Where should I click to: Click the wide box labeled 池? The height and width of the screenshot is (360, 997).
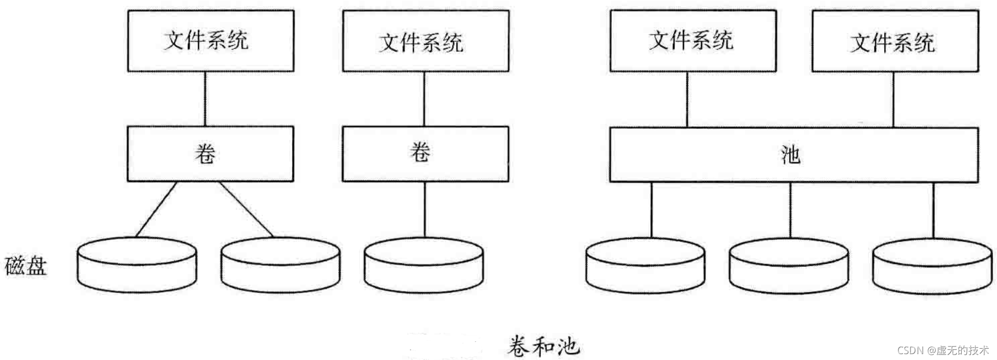[x=794, y=155]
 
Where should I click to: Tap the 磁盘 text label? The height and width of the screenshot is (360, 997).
[x=26, y=266]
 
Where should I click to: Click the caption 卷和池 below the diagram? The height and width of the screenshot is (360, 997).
[x=543, y=346]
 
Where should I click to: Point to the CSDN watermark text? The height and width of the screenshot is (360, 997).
[x=943, y=350]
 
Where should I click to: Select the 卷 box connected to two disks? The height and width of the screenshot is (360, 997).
[x=210, y=154]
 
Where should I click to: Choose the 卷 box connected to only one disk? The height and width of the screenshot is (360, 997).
[x=425, y=154]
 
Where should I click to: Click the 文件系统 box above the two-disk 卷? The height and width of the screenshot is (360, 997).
[x=211, y=41]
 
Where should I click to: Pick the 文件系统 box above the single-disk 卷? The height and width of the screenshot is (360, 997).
[x=426, y=41]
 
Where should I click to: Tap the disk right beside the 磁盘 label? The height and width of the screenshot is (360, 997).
[x=137, y=265]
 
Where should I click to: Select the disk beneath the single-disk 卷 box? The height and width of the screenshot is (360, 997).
[x=424, y=265]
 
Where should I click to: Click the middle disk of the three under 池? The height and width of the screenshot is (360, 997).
[x=789, y=266]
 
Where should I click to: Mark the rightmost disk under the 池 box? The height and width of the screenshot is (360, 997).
[x=932, y=266]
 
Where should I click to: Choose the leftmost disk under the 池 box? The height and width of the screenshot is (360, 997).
[x=645, y=266]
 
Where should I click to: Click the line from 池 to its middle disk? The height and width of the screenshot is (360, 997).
[x=790, y=210]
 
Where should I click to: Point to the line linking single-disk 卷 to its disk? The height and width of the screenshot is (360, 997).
[x=425, y=209]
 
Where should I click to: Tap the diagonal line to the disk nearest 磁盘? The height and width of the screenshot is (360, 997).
[x=156, y=209]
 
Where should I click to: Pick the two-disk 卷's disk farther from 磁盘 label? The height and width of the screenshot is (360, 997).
[x=281, y=265]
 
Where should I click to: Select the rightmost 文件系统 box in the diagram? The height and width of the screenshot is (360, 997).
[x=895, y=41]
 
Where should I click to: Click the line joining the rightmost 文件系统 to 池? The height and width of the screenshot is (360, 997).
[x=893, y=99]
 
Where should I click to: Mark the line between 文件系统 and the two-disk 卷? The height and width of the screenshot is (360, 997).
[x=205, y=99]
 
